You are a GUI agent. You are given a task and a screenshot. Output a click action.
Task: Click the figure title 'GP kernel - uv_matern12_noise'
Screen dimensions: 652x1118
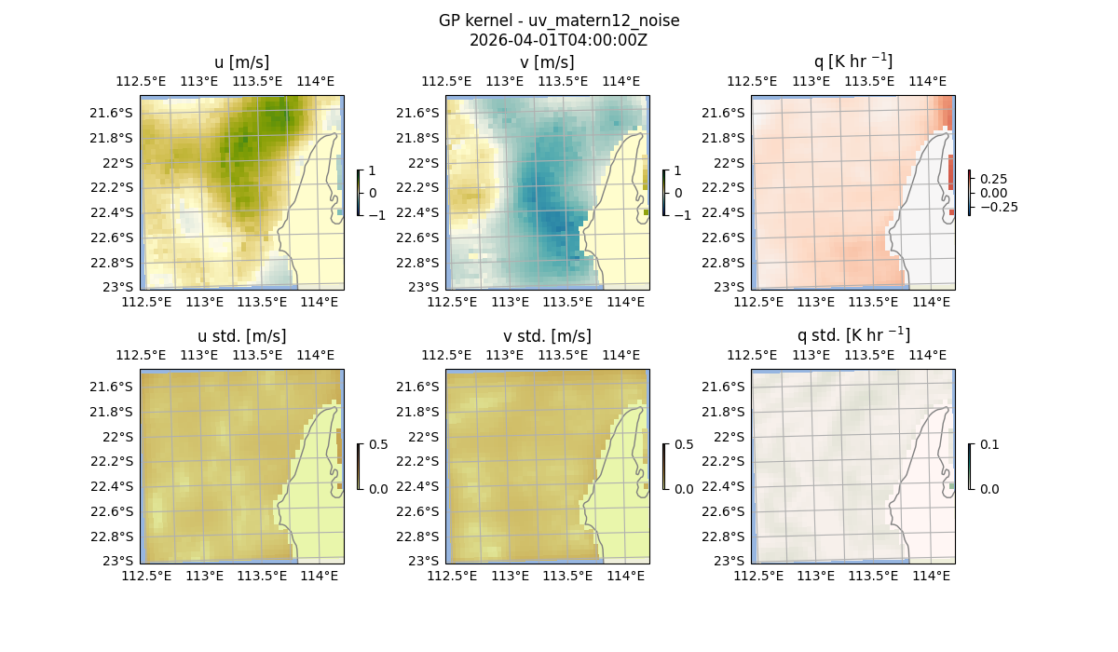(558, 20)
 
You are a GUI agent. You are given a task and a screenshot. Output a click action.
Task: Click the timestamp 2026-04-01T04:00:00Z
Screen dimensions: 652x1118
(558, 40)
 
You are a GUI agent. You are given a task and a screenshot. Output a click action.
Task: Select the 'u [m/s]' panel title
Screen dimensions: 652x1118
(241, 62)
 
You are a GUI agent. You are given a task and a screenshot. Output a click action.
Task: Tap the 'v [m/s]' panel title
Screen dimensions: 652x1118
(547, 62)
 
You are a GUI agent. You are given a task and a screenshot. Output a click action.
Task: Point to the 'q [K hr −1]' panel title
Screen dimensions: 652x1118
(852, 61)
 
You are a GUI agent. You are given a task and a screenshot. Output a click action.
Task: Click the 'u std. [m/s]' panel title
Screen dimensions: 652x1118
(241, 336)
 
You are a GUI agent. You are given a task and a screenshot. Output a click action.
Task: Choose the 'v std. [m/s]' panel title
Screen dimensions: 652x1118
(547, 336)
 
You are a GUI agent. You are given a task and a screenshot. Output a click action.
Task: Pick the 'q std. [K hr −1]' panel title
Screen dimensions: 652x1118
(852, 335)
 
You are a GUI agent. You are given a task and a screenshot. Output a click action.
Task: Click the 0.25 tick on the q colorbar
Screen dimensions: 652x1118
(992, 179)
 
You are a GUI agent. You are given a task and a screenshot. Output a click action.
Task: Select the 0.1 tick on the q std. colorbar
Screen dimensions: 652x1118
(988, 444)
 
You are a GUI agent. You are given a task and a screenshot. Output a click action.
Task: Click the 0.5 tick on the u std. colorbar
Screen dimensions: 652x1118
(378, 444)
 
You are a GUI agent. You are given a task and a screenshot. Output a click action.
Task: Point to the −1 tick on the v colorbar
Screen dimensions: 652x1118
(682, 215)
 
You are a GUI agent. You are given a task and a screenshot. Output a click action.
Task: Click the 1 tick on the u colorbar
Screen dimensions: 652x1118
(373, 171)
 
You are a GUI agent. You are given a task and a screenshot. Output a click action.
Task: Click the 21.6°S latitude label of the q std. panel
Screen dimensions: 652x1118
(727, 387)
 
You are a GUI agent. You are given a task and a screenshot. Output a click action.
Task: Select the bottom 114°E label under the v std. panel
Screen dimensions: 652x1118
(625, 577)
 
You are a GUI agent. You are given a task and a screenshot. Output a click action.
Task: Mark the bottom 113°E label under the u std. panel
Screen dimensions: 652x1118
(204, 577)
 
